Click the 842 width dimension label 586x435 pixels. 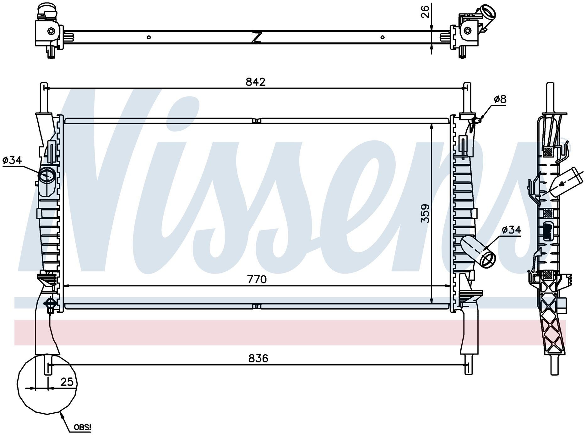255,82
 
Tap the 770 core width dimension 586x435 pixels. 257,279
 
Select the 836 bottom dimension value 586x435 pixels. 258,358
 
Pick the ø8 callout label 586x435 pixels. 500,99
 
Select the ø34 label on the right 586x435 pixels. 511,230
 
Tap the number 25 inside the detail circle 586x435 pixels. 67,382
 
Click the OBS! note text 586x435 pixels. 83,427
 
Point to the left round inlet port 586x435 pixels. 47,175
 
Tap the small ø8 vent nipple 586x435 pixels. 477,120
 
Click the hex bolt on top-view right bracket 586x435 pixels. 467,30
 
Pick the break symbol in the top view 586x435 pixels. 257,37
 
